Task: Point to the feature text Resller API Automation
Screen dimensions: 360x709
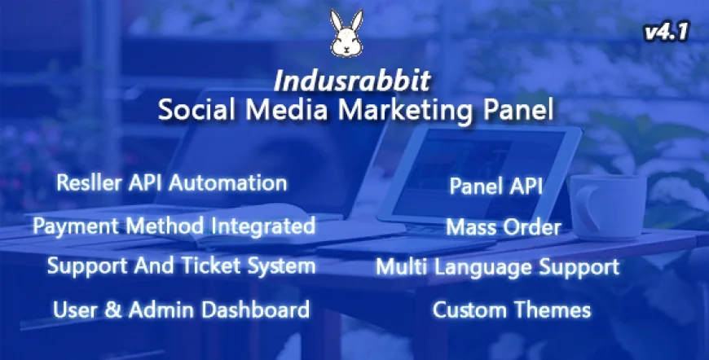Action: (x=171, y=182)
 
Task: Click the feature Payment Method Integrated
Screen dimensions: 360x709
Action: (x=174, y=226)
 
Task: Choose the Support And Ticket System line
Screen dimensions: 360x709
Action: (x=180, y=266)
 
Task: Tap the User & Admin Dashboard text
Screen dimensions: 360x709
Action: (x=180, y=310)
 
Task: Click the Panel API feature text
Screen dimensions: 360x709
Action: (x=496, y=186)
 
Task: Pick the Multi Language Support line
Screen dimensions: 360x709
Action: (x=497, y=266)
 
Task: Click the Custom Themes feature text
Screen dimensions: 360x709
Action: (x=511, y=310)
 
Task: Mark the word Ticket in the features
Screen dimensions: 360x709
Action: (x=221, y=266)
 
